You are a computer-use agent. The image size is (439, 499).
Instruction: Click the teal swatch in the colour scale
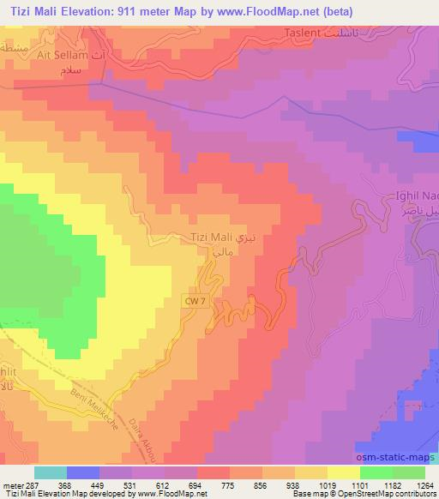pos(51,472)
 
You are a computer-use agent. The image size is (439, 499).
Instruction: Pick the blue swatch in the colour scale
pos(83,472)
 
